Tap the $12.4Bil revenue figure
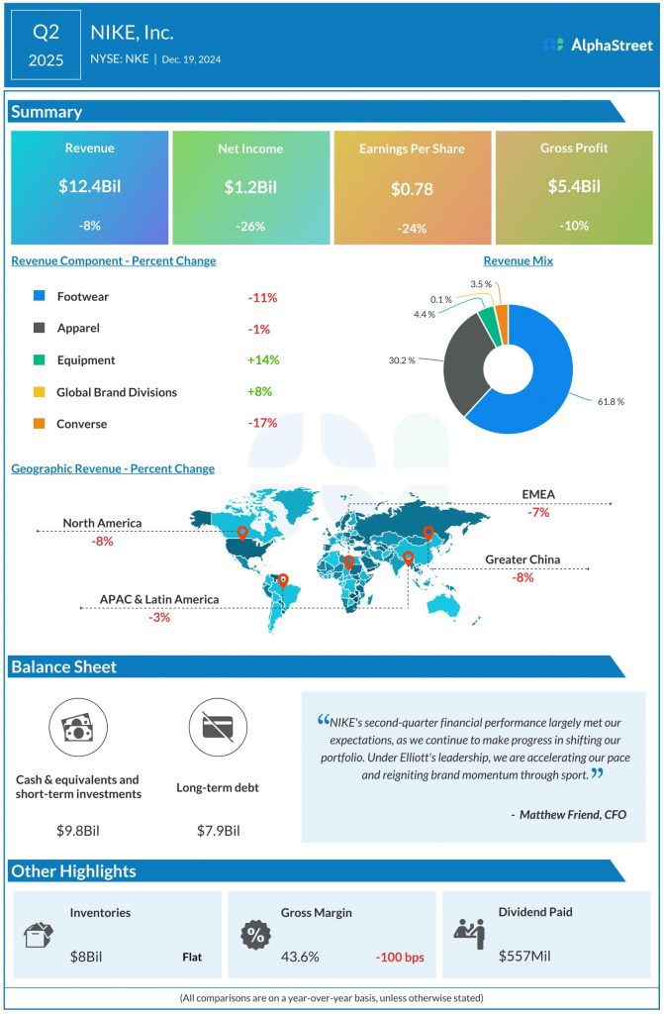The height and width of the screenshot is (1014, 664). [x=89, y=185]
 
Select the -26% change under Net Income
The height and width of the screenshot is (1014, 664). [x=250, y=226]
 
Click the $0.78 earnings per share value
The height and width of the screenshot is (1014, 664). [x=412, y=188]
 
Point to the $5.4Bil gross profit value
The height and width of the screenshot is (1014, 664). [x=574, y=185]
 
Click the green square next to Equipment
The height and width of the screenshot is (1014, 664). [x=39, y=360]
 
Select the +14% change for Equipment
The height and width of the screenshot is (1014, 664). [x=262, y=360]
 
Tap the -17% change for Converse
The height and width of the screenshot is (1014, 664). [x=262, y=423]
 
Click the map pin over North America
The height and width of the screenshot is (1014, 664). [x=241, y=533]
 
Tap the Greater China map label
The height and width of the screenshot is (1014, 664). [x=522, y=559]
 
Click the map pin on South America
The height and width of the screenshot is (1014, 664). [x=283, y=580]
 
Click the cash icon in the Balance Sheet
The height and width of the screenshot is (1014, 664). [x=77, y=729]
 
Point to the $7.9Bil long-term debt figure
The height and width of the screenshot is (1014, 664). [x=218, y=830]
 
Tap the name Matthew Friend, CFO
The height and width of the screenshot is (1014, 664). [x=568, y=814]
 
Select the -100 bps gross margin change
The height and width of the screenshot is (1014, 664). [x=401, y=957]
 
